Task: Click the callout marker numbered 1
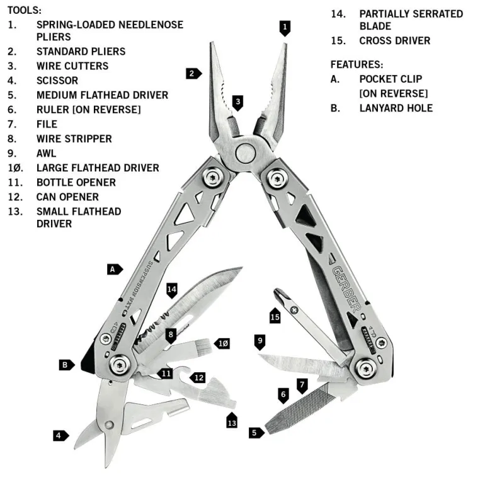[285, 27]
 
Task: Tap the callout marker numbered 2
[193, 73]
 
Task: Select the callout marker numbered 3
[237, 102]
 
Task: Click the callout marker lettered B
[66, 364]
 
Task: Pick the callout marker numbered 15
[275, 317]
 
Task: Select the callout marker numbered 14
[171, 290]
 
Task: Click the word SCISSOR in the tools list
[57, 81]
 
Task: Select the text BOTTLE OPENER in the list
[76, 183]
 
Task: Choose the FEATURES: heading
[357, 64]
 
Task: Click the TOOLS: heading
[25, 10]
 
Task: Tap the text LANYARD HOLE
[396, 108]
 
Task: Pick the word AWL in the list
[46, 153]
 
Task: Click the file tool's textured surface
[313, 408]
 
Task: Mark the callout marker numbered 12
[198, 378]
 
